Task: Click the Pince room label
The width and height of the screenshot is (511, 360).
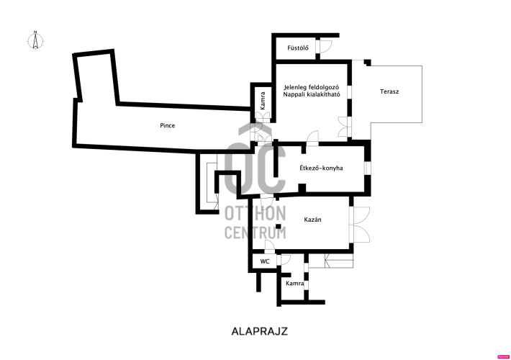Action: coord(168,125)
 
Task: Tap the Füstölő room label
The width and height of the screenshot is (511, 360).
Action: coord(298,48)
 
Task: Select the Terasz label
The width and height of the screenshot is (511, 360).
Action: coord(389,91)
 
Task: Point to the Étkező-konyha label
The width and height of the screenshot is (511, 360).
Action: coord(321,168)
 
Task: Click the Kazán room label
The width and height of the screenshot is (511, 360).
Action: coord(313,220)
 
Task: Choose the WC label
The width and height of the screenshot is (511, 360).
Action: coord(265,261)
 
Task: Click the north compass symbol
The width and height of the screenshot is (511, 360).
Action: coord(35,40)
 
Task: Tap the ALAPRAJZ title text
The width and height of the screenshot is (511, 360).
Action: coord(260,331)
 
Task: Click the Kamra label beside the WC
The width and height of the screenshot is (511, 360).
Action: coord(294,284)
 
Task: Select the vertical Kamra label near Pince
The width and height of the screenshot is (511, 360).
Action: coord(263,101)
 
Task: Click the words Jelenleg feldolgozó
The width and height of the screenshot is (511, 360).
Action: coord(312,87)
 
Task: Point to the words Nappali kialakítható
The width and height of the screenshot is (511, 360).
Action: coord(312,94)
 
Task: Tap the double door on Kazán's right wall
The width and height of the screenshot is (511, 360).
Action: coord(359,225)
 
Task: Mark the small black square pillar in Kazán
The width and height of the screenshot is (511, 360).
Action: coord(279,227)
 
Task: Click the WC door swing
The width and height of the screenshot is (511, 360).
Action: coord(285,260)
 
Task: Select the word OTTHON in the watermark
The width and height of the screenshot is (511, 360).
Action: coord(256,214)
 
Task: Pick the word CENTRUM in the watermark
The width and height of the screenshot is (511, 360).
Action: coord(256,233)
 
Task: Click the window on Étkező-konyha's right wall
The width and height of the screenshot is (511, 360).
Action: coord(367,168)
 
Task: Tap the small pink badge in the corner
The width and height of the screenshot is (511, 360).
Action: coord(504,357)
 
